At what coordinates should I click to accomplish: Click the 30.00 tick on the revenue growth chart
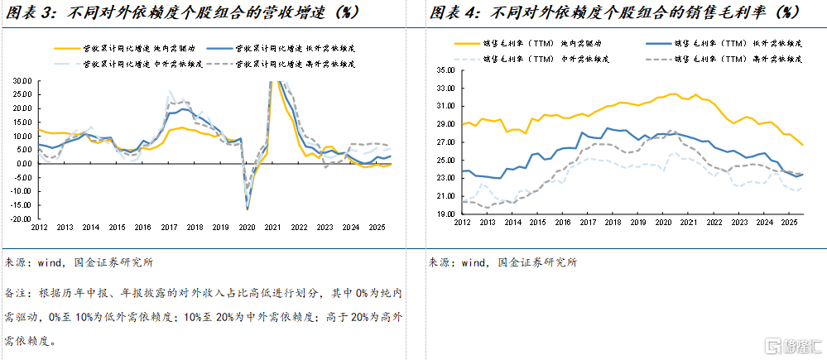(x=22, y=81)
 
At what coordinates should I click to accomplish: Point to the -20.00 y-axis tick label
(x=20, y=219)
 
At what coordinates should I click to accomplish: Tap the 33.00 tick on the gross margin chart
(x=445, y=70)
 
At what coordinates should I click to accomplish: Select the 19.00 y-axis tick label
(x=445, y=214)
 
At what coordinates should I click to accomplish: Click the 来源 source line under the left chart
(x=79, y=263)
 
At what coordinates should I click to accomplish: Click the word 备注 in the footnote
(x=17, y=294)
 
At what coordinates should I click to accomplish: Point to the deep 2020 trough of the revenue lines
(x=247, y=207)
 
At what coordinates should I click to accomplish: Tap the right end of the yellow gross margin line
(x=803, y=145)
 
